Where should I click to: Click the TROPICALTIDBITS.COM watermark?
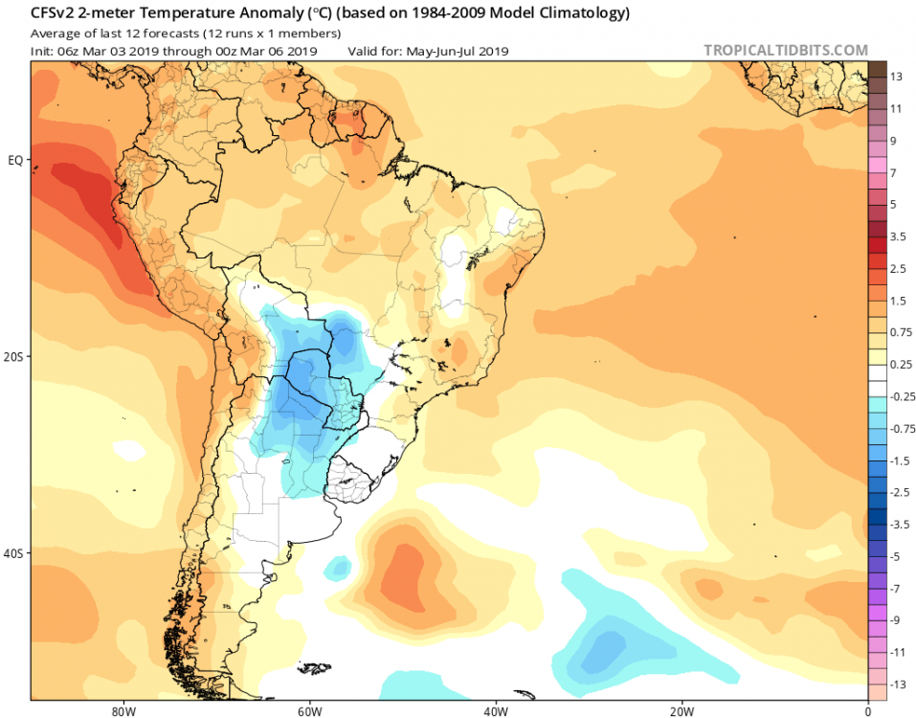click(x=786, y=51)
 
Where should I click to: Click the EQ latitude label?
click(x=15, y=160)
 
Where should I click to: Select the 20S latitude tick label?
click(x=13, y=356)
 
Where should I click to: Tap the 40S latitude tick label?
click(x=13, y=553)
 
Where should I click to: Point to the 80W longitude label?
click(x=121, y=712)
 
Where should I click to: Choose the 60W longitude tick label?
click(x=307, y=712)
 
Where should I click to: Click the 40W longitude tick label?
click(x=494, y=712)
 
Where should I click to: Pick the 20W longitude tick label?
click(x=681, y=712)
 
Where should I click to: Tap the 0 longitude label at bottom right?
click(x=867, y=712)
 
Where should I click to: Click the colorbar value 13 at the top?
click(x=896, y=76)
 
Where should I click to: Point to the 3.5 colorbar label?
click(x=899, y=236)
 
